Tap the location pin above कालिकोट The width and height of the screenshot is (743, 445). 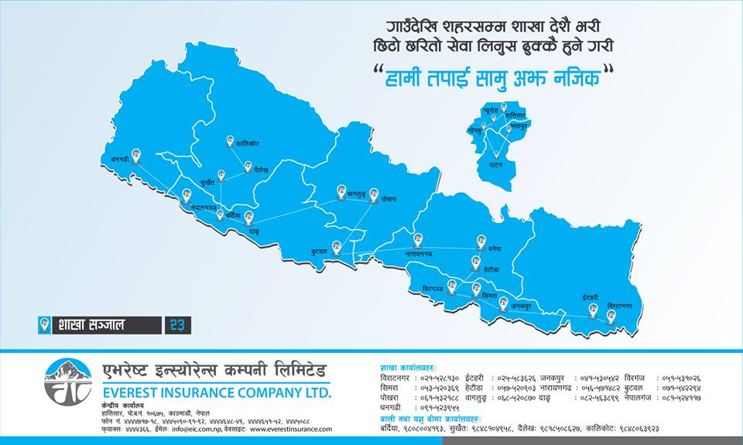click(x=230, y=141)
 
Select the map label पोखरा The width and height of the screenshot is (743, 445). click(x=388, y=200)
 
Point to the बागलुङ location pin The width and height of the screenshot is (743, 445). click(x=341, y=189)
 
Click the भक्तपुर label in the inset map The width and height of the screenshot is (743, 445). click(x=519, y=125)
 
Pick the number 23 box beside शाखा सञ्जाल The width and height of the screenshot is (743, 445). click(x=177, y=325)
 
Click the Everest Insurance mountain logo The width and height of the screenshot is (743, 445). click(x=68, y=381)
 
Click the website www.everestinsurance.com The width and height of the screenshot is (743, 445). click(x=291, y=429)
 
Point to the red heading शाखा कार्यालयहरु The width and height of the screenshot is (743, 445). click(x=408, y=367)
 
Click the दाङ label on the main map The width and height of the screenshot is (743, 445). click(x=254, y=231)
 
